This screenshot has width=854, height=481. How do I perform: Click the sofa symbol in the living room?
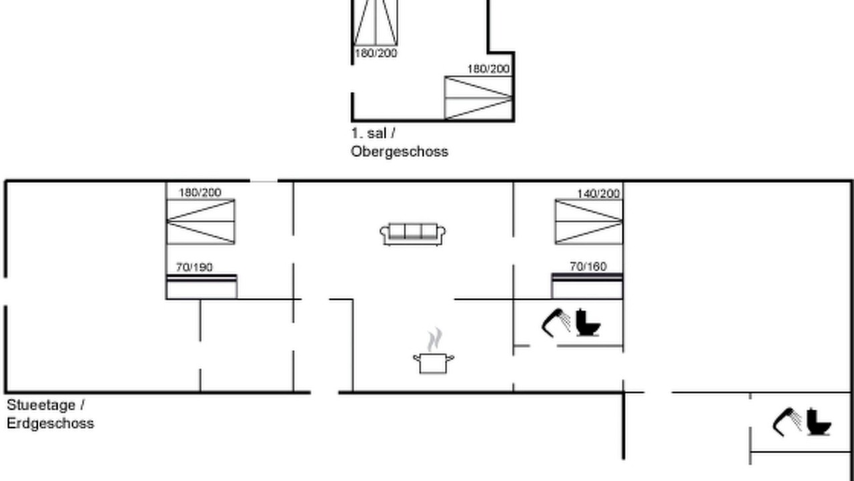click(x=412, y=234)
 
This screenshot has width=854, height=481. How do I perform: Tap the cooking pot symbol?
click(x=434, y=363)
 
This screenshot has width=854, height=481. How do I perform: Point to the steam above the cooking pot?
click(x=434, y=339)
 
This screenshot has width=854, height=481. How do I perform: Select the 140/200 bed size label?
click(x=598, y=194)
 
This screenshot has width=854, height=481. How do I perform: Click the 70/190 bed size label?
click(x=194, y=267)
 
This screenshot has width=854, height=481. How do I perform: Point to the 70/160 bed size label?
click(x=588, y=267)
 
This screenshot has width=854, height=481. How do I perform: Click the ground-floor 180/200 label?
click(x=199, y=192)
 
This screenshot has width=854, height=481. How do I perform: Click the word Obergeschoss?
click(x=399, y=152)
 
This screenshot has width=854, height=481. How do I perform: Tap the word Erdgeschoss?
click(x=50, y=424)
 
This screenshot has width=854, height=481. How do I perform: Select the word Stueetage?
click(x=41, y=405)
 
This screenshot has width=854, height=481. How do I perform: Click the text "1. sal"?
click(x=368, y=134)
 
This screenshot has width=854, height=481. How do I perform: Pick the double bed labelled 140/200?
click(x=589, y=221)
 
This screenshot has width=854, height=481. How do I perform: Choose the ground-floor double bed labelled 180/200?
click(x=201, y=221)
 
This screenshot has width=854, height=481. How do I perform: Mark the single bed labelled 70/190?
click(x=201, y=287)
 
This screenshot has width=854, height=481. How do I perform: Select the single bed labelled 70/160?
click(x=588, y=285)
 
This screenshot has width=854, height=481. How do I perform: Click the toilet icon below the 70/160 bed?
click(x=588, y=323)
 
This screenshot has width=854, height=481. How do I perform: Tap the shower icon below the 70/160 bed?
click(x=556, y=323)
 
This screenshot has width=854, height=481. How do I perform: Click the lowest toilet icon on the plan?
click(x=819, y=422)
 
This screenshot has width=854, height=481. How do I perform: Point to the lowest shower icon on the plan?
click(x=787, y=422)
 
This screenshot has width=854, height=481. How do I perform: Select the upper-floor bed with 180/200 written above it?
click(x=478, y=98)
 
